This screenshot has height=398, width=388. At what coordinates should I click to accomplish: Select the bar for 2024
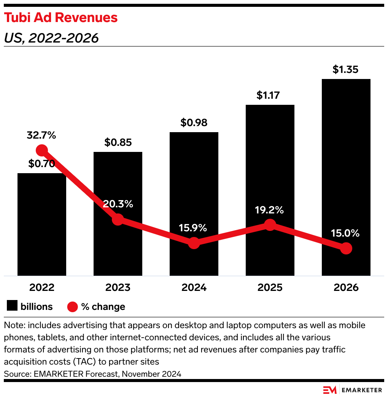click(194, 190)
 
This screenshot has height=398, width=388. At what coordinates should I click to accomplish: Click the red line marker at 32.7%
click(41, 150)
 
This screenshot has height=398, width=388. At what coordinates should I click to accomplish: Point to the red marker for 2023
click(118, 219)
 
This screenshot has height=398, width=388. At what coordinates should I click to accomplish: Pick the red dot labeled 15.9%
click(194, 243)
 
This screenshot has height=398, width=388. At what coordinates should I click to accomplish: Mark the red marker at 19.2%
click(270, 225)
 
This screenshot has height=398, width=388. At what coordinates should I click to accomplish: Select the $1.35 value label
click(346, 69)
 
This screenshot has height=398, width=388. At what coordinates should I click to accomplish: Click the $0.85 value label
click(118, 142)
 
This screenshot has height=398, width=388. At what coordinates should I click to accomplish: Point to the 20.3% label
click(118, 204)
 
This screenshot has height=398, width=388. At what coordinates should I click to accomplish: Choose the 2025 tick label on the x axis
click(270, 287)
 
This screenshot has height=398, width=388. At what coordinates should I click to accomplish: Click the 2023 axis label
click(118, 287)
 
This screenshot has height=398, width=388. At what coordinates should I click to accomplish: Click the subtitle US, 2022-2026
click(51, 38)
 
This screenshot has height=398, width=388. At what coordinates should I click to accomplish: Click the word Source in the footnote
click(16, 374)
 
